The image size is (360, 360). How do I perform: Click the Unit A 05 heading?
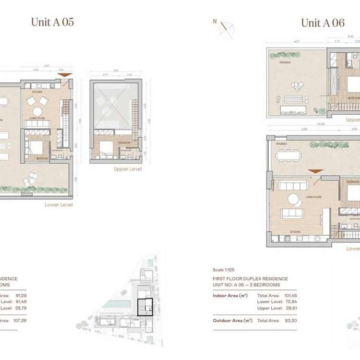[52, 22]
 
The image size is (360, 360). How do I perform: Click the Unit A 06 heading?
[323, 23]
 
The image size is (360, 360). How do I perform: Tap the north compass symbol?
[226, 29]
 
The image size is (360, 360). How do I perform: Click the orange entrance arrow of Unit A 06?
[315, 171]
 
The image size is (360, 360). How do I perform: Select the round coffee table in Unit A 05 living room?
[37, 111]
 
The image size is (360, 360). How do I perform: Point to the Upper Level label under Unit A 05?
[127, 169]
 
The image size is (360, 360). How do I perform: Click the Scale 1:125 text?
[224, 270]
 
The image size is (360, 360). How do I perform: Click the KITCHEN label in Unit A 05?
[37, 91]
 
